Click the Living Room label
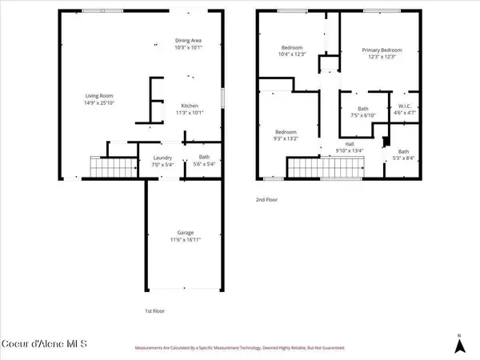pos(98,98)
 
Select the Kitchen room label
pos(190,106)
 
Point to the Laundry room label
pos(163,158)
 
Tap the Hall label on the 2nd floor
pos(339,145)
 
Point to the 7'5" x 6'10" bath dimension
pos(362,115)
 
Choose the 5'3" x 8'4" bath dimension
pos(403,158)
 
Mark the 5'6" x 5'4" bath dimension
pos(204,164)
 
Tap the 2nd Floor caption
pos(266,199)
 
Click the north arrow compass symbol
pos(458,343)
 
